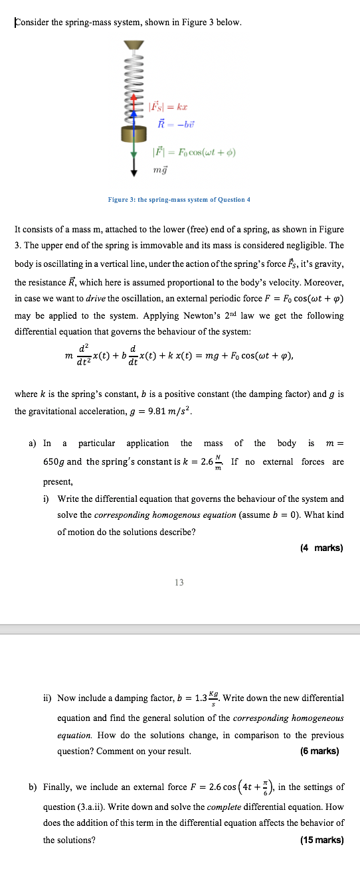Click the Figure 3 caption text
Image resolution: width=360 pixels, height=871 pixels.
[179, 200]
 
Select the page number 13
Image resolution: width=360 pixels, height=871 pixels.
[179, 582]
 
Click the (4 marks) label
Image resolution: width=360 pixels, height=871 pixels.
[321, 548]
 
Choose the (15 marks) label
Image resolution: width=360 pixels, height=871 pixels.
[321, 840]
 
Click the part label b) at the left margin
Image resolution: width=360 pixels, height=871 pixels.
[33, 787]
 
